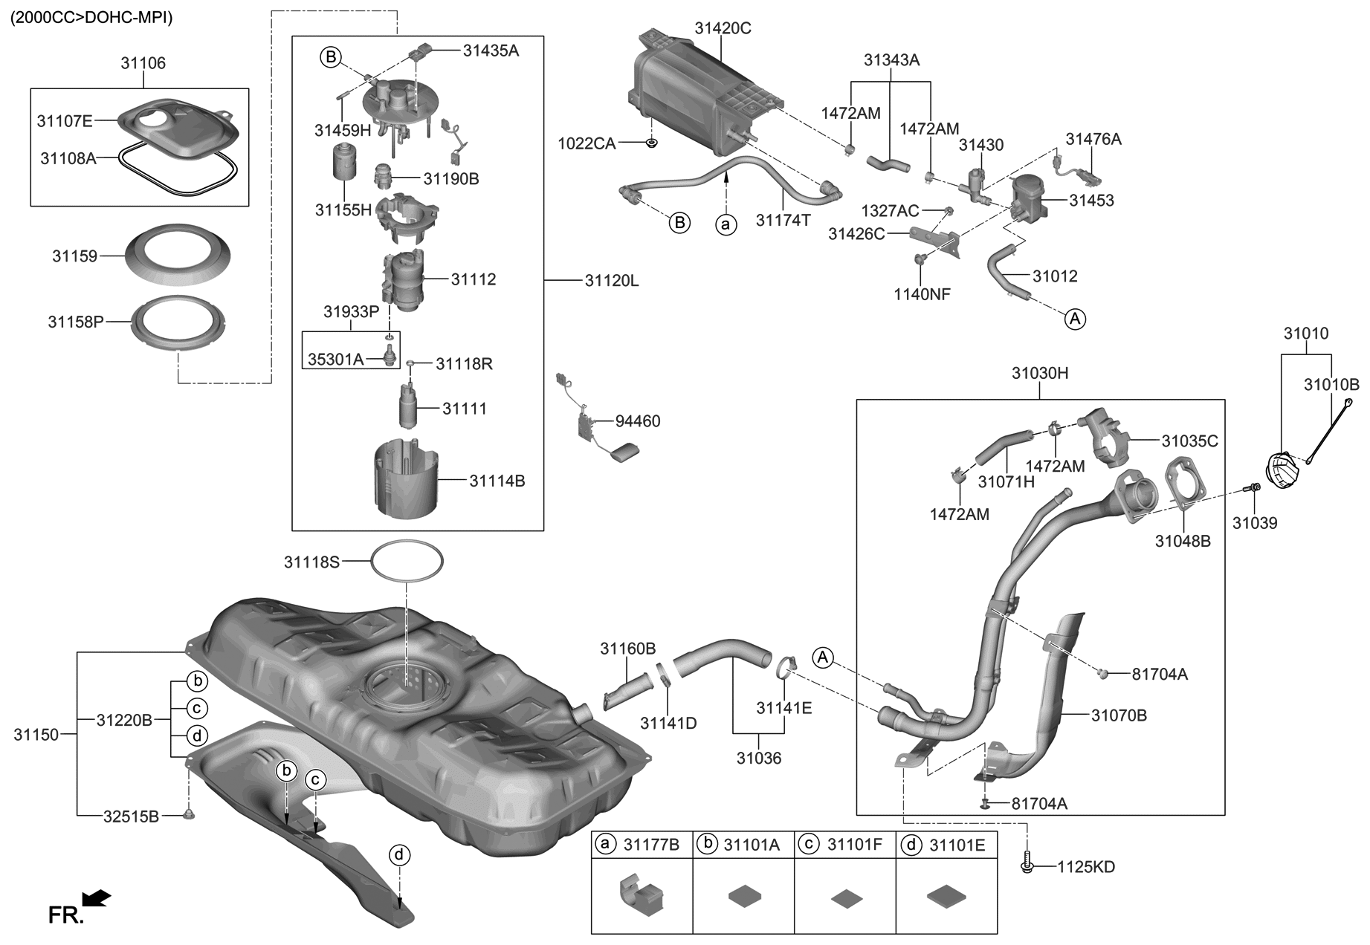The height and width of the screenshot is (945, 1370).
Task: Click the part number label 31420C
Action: (x=723, y=28)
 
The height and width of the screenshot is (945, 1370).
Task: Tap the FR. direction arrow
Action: (x=97, y=900)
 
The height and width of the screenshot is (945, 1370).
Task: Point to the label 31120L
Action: (x=611, y=281)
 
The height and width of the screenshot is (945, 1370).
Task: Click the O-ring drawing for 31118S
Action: (x=407, y=562)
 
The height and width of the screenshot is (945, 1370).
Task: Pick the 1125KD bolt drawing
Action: (x=1027, y=866)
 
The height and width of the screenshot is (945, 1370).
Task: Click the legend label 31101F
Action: (x=855, y=844)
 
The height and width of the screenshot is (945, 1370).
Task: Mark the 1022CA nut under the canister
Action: (x=651, y=142)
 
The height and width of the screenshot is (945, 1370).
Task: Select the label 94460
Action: (x=637, y=421)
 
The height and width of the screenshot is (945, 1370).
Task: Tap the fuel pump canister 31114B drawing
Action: (x=407, y=479)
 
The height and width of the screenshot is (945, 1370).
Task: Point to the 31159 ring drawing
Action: (x=177, y=255)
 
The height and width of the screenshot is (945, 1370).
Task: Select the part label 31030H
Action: (x=1039, y=373)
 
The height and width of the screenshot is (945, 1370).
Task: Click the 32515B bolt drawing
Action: (x=188, y=815)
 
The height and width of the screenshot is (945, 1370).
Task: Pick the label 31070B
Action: (x=1119, y=715)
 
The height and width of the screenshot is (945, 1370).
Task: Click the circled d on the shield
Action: (x=399, y=855)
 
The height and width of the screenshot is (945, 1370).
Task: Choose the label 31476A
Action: (x=1093, y=139)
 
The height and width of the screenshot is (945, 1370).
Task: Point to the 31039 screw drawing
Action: (x=1251, y=487)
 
